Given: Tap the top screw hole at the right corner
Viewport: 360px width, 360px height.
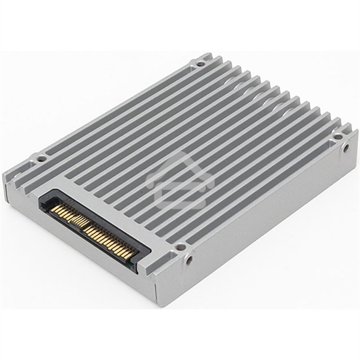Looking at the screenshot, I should (x=338, y=136).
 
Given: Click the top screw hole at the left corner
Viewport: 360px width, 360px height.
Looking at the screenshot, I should (x=41, y=159).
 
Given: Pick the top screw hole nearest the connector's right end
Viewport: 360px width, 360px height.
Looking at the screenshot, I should (x=181, y=246).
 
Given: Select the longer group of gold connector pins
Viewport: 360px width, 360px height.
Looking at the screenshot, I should (x=108, y=234).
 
